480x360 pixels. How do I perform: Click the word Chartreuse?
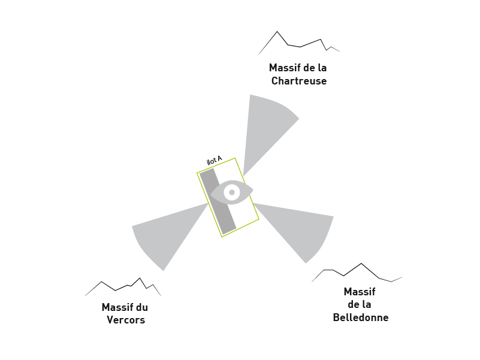(x=299, y=81)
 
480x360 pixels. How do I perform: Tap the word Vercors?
(x=126, y=320)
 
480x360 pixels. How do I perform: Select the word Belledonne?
(x=361, y=317)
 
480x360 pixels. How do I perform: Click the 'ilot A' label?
(x=215, y=161)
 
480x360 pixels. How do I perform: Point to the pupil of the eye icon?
(x=232, y=192)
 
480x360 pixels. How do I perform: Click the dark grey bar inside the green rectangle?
(x=218, y=201)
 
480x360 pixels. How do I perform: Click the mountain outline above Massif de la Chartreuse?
(x=299, y=43)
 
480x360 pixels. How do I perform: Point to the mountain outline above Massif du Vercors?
(x=123, y=287)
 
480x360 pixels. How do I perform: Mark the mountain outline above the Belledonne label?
(x=357, y=273)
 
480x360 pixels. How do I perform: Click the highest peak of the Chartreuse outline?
(x=277, y=31)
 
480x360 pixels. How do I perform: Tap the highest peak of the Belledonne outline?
(x=361, y=264)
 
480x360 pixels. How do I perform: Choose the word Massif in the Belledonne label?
(x=360, y=292)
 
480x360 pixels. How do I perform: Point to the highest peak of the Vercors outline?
(x=140, y=278)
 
